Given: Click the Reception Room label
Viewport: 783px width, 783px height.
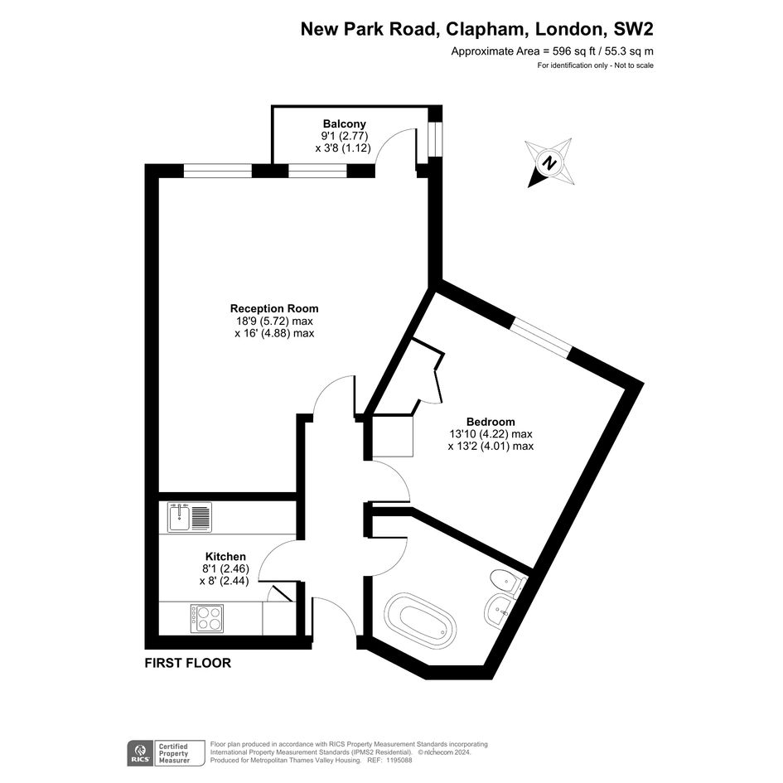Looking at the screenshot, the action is [274, 308].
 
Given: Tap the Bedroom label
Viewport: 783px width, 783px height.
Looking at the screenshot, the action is [491, 422].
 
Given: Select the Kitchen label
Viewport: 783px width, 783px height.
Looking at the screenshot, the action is [225, 556].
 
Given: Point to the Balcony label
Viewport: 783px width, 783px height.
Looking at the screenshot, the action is [345, 123].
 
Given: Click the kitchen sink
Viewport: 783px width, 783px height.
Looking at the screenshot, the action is [190, 517].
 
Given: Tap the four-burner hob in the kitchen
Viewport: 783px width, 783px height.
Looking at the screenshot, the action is [207, 618].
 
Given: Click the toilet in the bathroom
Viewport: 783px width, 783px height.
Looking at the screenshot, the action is [507, 582].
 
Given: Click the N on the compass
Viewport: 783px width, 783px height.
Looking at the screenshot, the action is [550, 162].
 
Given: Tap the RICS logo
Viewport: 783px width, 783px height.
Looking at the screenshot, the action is [140, 752].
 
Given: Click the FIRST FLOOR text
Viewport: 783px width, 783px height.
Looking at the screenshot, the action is [188, 663].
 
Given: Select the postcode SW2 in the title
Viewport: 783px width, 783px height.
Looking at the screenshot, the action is [633, 30].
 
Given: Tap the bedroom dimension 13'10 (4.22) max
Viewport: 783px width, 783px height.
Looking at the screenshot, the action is [491, 434].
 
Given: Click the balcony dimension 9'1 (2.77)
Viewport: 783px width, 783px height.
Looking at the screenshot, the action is [345, 136].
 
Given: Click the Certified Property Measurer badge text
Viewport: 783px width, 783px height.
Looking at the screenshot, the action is [174, 753].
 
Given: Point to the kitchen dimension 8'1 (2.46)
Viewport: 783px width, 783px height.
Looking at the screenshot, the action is [225, 568].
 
